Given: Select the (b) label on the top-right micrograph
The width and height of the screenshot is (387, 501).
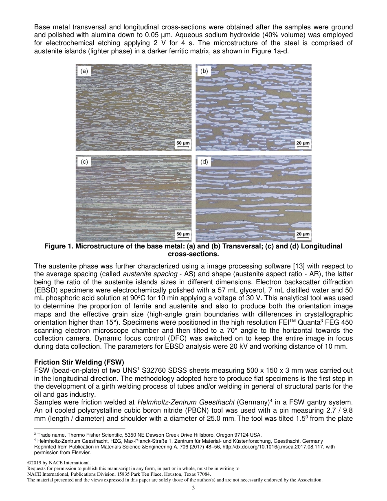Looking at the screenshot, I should [x=204, y=71].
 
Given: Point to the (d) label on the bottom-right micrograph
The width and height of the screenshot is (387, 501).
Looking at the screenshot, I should [x=204, y=162].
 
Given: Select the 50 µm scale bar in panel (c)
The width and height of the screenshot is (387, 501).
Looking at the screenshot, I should [x=183, y=235].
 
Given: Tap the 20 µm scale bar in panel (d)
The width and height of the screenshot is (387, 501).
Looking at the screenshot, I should [x=302, y=235].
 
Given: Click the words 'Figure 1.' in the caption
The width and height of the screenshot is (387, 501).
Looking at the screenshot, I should [x=58, y=246].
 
